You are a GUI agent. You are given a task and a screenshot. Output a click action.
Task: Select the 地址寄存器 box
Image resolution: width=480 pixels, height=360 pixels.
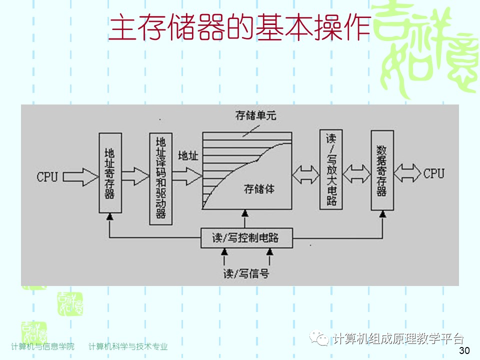pyautogui.click(x=110, y=172)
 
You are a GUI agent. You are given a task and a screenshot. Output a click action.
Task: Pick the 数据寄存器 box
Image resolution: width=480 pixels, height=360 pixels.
pyautogui.click(x=382, y=170)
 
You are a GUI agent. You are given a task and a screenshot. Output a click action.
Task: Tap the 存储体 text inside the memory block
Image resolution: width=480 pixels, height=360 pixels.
pyautogui.click(x=258, y=189)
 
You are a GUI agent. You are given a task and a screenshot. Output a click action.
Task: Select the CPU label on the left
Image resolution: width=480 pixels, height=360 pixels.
pyautogui.click(x=47, y=176)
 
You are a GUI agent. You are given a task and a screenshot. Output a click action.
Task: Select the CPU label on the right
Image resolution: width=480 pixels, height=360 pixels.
pyautogui.click(x=433, y=173)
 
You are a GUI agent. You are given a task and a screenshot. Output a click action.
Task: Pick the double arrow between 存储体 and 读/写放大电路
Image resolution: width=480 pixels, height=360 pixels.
pyautogui.click(x=306, y=174)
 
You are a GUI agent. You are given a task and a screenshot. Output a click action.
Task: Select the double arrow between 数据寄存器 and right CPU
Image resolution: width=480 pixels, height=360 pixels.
pyautogui.click(x=407, y=173)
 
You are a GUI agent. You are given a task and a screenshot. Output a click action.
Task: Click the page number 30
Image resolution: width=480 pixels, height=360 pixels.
pyautogui.click(x=464, y=350)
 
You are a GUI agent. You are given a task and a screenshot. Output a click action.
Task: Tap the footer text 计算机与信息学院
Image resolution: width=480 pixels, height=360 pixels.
pyautogui.click(x=42, y=346)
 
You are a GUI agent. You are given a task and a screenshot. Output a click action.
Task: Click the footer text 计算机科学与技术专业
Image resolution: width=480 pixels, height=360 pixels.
pyautogui.click(x=128, y=346)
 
